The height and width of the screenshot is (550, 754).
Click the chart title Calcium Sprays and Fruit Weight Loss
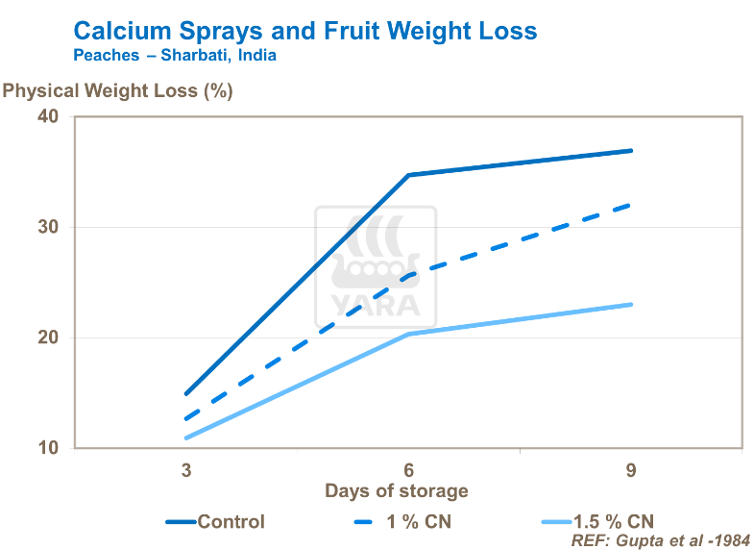point(305,30)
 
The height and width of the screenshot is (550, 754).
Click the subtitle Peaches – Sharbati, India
point(175,56)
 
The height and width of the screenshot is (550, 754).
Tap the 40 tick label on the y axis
point(48,116)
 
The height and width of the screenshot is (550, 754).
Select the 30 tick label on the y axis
point(48,227)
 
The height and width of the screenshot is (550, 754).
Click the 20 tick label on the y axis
point(48,337)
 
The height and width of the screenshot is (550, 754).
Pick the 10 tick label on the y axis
point(48,448)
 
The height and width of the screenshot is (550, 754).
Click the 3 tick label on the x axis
point(185,470)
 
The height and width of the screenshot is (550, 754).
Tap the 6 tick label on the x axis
point(408,470)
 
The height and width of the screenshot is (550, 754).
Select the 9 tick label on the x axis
point(631,470)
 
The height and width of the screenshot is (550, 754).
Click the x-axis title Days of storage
point(397,491)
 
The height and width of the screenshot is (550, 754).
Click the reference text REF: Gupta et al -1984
point(660,540)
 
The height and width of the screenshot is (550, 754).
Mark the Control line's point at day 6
point(408,175)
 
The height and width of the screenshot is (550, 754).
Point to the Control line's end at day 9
point(631,150)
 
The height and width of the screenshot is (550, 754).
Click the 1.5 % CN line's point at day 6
point(408,334)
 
